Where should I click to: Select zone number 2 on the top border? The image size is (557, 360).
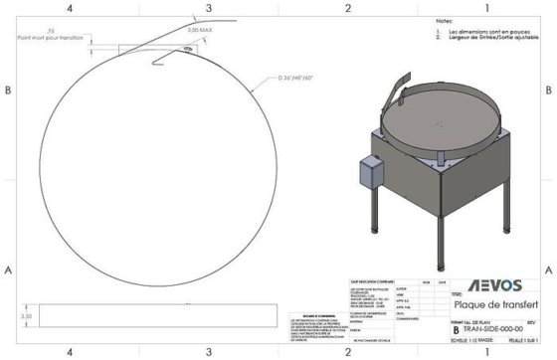(348, 8)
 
